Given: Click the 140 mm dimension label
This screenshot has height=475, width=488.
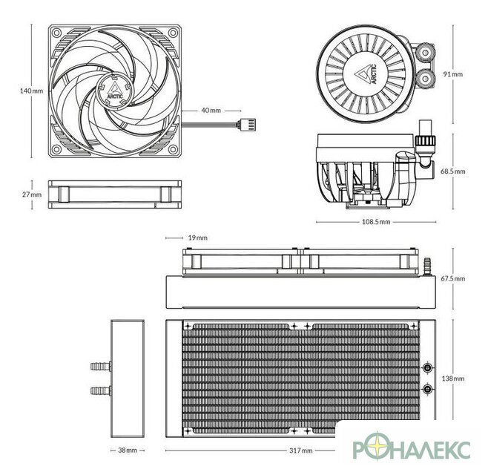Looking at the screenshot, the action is pyautogui.click(x=31, y=91).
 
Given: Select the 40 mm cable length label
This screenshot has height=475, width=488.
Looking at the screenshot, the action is pyautogui.click(x=211, y=111).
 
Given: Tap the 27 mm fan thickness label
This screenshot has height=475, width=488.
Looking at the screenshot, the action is pyautogui.click(x=31, y=194).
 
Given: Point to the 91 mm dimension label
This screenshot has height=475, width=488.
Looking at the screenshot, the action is pyautogui.click(x=453, y=74).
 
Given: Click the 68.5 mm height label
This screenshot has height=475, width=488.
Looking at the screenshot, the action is pyautogui.click(x=453, y=171).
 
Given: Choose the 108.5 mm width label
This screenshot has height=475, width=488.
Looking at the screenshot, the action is pyautogui.click(x=376, y=222).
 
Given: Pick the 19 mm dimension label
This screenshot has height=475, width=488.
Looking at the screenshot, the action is pyautogui.click(x=197, y=237).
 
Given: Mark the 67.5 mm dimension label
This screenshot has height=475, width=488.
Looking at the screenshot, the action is pyautogui.click(x=453, y=278).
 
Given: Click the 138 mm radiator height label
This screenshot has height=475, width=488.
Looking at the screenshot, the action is pyautogui.click(x=453, y=379).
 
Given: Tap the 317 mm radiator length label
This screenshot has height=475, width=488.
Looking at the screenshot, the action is pyautogui.click(x=300, y=451).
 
